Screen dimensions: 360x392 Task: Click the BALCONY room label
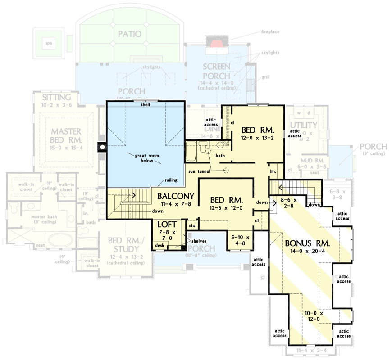175,196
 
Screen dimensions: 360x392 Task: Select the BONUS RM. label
308,243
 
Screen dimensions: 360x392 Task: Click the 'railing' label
171,180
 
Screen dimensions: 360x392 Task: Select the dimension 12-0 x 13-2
257,139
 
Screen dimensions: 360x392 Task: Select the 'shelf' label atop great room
146,105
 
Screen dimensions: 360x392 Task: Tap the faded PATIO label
130,34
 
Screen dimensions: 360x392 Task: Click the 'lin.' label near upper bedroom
273,171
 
